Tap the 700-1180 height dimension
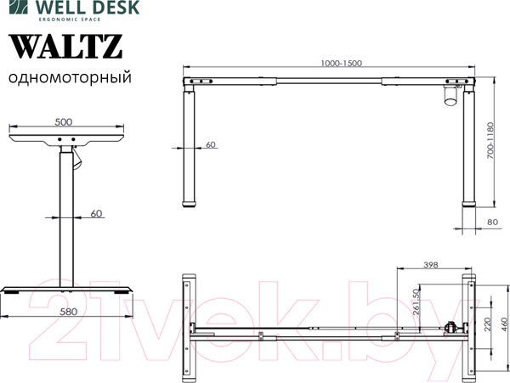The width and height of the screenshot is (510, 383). click(x=491, y=142)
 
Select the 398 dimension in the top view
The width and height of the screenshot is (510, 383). click(x=430, y=266)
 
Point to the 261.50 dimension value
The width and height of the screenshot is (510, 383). click(x=416, y=303)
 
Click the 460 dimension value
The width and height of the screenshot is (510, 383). click(x=502, y=324)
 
